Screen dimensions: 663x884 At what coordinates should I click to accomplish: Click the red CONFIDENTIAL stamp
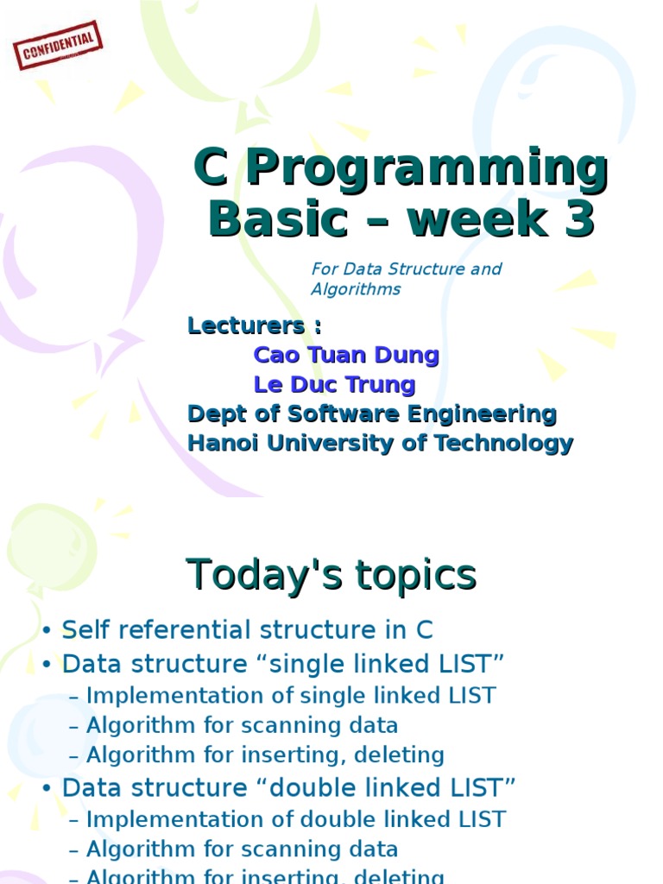pyautogui.click(x=58, y=45)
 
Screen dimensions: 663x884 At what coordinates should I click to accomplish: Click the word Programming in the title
pyautogui.click(x=427, y=168)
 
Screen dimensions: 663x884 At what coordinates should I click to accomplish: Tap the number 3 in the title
pyautogui.click(x=579, y=218)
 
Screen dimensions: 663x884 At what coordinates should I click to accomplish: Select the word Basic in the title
pyautogui.click(x=278, y=218)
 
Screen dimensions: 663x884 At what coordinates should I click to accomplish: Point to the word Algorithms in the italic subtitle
pyautogui.click(x=356, y=289)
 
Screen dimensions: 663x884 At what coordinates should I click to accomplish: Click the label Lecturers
pyautogui.click(x=246, y=325)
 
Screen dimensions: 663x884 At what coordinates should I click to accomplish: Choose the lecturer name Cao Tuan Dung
pyautogui.click(x=346, y=355)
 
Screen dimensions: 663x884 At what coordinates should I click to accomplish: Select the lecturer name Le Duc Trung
pyautogui.click(x=334, y=384)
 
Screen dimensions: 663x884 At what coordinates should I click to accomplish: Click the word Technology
pyautogui.click(x=503, y=444)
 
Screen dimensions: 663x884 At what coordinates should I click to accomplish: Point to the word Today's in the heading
pyautogui.click(x=264, y=574)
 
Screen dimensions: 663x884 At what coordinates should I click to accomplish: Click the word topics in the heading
pyautogui.click(x=416, y=576)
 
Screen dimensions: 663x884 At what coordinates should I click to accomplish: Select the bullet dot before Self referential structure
pyautogui.click(x=47, y=630)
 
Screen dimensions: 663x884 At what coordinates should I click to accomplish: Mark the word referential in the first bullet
pyautogui.click(x=186, y=630)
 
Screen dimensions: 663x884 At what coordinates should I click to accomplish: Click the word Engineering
pyautogui.click(x=482, y=414)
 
